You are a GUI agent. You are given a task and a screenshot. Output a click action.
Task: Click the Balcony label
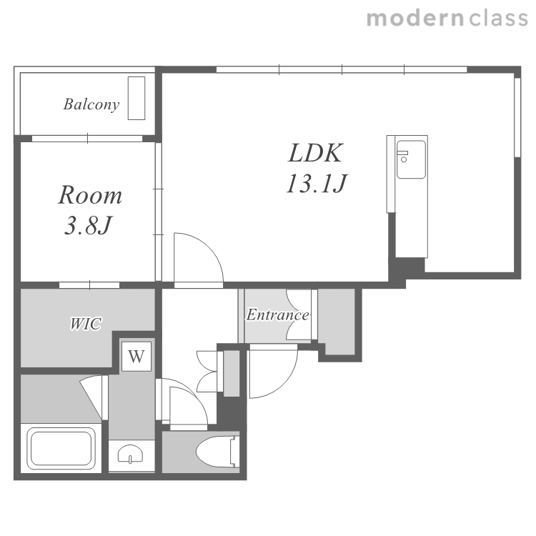(x=91, y=104)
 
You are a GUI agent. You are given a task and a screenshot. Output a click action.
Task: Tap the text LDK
(x=315, y=153)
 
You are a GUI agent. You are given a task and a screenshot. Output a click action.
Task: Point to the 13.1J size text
(x=317, y=184)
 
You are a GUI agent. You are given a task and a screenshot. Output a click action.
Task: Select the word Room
(x=90, y=195)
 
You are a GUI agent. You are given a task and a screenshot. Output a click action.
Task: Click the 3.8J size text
(x=88, y=226)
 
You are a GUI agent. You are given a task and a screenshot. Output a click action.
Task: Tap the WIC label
(x=86, y=324)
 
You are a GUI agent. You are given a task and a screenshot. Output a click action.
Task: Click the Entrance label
(x=277, y=315)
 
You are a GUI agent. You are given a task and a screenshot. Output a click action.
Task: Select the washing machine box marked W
(x=137, y=356)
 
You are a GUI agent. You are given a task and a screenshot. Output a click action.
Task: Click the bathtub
(x=61, y=449)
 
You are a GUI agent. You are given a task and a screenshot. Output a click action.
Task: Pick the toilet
(x=218, y=451)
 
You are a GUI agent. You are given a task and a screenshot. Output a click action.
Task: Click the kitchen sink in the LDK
(x=411, y=159)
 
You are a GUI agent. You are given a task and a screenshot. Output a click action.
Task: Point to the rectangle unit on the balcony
(x=137, y=98)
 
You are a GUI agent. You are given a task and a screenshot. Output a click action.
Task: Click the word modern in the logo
(x=415, y=19)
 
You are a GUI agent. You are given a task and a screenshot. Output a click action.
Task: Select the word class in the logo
(x=498, y=19)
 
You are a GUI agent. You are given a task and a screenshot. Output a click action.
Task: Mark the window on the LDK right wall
(x=517, y=118)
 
